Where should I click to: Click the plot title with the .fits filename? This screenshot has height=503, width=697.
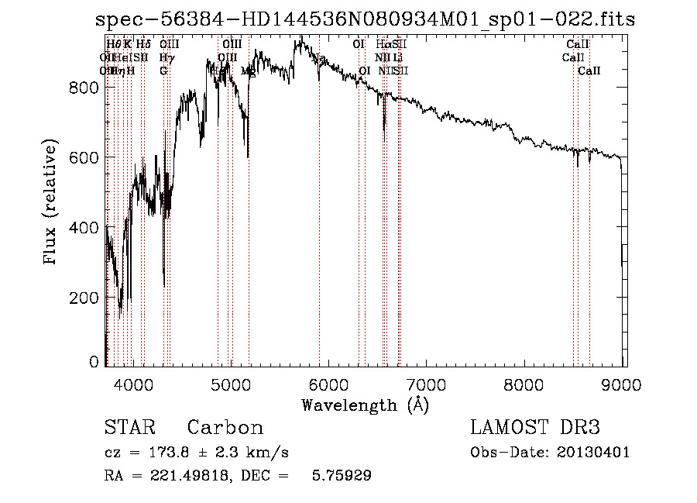point(365,20)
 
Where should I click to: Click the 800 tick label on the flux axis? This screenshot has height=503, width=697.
point(84,88)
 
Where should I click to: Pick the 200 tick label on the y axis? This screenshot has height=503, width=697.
point(84,298)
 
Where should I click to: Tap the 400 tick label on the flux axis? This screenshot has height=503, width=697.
point(84,228)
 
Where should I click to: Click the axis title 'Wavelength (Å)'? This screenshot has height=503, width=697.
point(365,405)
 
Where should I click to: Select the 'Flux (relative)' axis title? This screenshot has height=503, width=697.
point(52,203)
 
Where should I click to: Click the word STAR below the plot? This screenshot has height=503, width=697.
point(129,428)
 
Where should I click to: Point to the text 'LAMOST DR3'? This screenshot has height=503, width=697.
point(534,428)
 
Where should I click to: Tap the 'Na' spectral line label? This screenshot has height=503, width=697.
point(319,57)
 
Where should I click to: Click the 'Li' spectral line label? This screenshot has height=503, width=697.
point(397,57)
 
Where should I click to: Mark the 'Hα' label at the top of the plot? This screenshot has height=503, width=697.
point(383,45)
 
